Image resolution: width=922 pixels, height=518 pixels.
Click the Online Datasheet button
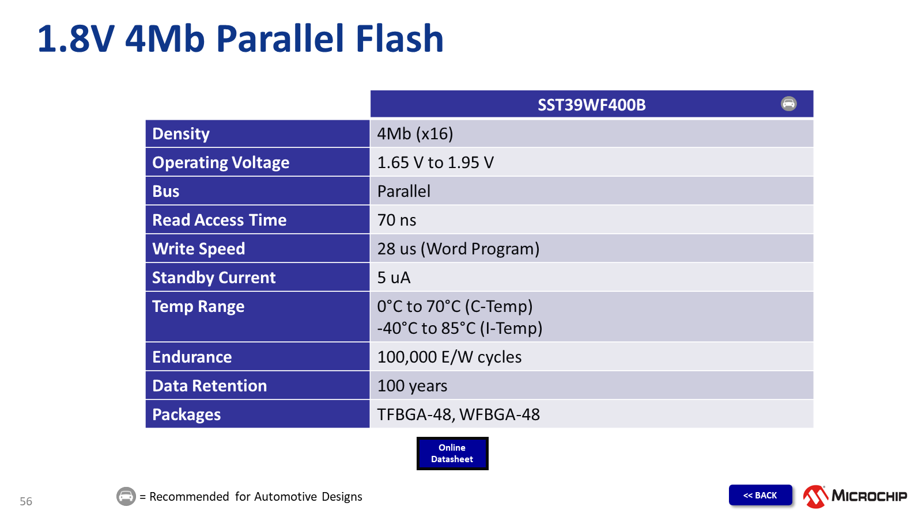pos(452,454)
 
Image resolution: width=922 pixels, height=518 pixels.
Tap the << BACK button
pos(760,495)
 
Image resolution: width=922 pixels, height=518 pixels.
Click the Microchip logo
pos(855,496)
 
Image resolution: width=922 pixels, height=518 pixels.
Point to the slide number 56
pos(26,501)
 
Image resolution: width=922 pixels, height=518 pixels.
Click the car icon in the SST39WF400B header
pos(788,104)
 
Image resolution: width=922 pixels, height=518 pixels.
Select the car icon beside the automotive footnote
pos(126,496)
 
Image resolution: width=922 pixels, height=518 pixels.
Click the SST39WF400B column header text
pos(591,105)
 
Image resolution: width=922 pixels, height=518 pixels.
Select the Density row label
pos(181,134)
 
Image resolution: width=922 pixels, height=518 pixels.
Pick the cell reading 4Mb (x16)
pos(415,134)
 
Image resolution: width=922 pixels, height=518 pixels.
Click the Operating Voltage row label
pos(221,162)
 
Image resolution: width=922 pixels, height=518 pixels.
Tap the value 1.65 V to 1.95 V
pos(435,162)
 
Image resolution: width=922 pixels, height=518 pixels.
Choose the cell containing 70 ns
pos(396,220)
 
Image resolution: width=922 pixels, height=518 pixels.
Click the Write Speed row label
pos(199,249)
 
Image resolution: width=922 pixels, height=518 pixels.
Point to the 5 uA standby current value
pos(394,277)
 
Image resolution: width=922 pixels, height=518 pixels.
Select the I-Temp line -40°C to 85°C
pos(459,328)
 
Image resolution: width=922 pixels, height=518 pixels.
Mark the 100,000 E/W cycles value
pos(449,357)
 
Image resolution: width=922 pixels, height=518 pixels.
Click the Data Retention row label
pos(209,386)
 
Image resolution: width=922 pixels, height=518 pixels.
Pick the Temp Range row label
pos(198,306)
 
